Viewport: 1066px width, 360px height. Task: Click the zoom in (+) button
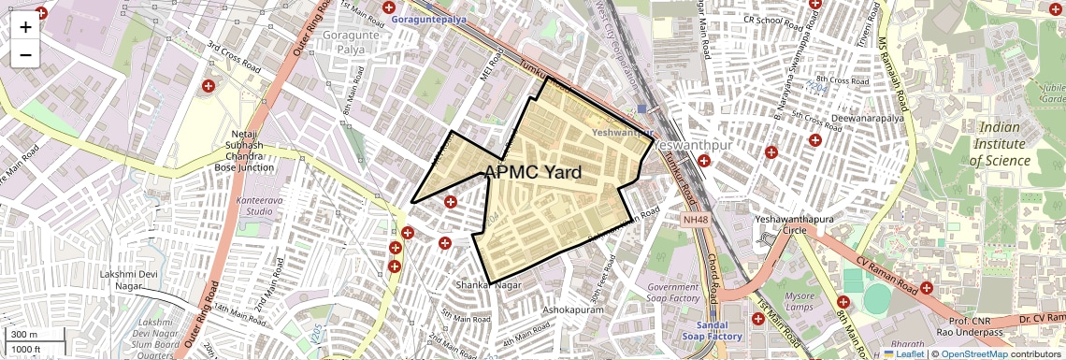[25, 26]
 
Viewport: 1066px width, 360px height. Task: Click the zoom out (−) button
[25, 54]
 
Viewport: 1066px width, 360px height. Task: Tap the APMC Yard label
[533, 172]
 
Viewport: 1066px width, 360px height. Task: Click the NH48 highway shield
[694, 218]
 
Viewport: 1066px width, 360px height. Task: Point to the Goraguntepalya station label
[431, 18]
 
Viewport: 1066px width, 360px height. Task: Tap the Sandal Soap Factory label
[712, 329]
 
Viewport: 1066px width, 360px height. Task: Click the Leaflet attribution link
[905, 353]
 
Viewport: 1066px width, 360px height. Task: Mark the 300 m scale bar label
[24, 335]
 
